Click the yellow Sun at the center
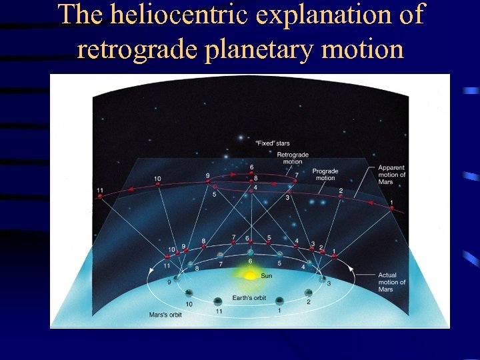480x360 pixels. coord(249,275)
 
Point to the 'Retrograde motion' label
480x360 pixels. coord(293,158)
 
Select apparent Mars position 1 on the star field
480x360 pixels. coord(391,208)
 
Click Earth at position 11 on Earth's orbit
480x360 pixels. coord(217,301)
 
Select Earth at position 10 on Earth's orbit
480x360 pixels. coord(189,293)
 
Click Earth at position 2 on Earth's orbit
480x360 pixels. coord(308,292)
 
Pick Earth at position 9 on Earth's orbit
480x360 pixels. coord(177,279)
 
